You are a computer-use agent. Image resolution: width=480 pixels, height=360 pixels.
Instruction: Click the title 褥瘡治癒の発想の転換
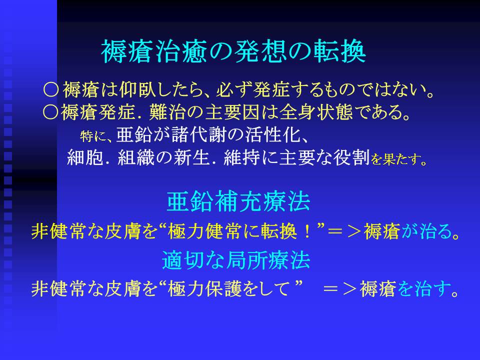point(233,51)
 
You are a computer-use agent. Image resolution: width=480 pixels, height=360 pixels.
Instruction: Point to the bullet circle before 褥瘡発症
point(50,112)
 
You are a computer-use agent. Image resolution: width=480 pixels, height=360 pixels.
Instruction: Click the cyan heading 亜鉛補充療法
point(239,201)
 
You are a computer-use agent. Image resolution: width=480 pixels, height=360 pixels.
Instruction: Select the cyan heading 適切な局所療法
point(236,260)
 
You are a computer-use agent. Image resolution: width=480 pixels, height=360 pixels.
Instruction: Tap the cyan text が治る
point(430,231)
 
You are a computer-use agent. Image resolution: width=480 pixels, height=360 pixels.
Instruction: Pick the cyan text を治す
point(427,288)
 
